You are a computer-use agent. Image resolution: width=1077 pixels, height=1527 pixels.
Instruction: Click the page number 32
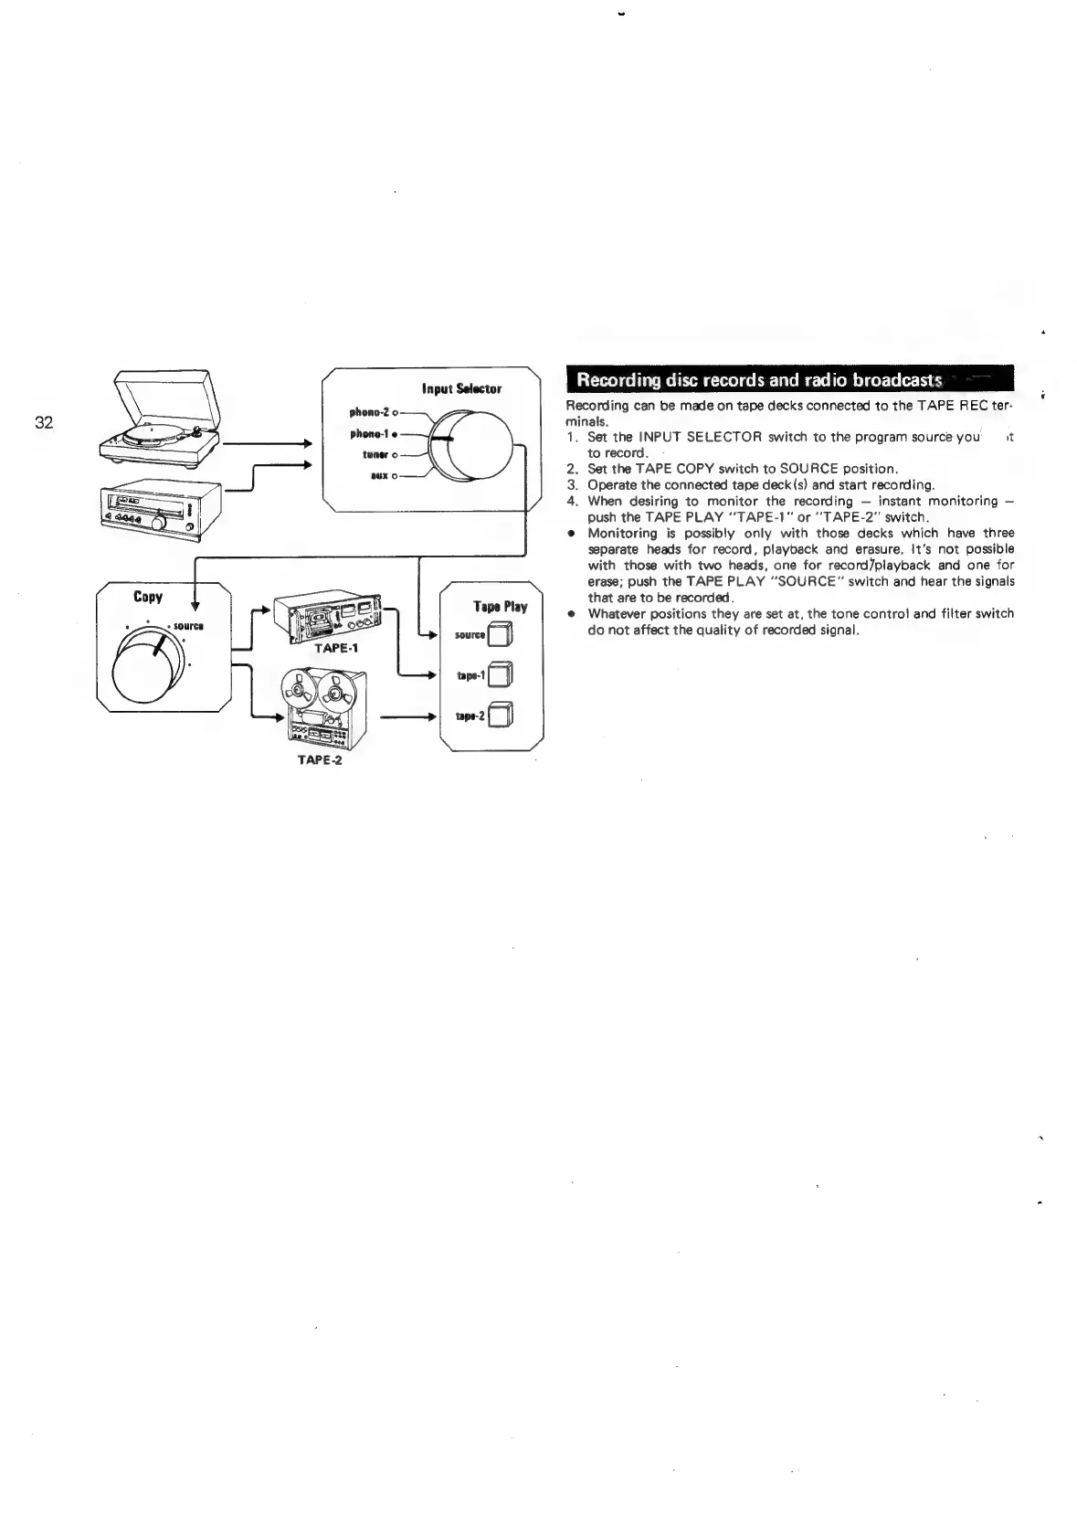[44, 422]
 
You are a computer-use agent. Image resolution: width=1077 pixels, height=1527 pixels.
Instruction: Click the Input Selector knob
[472, 445]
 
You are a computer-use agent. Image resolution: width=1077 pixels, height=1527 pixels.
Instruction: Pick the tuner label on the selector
[375, 454]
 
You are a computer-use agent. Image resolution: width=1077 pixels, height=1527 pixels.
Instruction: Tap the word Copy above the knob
[148, 597]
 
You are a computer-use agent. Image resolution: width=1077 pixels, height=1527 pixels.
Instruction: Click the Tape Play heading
[500, 607]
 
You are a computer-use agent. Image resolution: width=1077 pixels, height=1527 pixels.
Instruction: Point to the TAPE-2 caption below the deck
[320, 760]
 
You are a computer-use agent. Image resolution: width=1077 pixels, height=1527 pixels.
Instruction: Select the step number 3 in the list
[572, 485]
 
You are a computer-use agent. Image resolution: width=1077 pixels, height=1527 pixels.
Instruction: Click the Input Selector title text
[461, 389]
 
